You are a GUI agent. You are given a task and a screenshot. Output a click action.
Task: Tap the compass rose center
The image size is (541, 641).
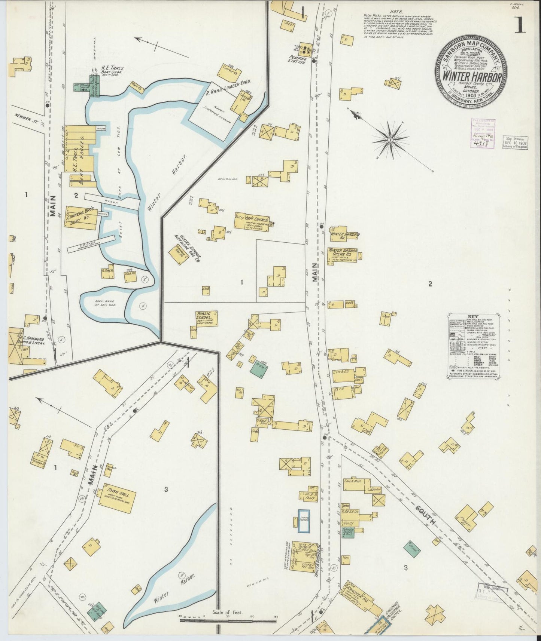tap(390, 139)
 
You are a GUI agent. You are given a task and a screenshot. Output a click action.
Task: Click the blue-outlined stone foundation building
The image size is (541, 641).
tap(304, 521)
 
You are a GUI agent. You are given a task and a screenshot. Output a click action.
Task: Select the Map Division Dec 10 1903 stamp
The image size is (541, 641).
tap(515, 143)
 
